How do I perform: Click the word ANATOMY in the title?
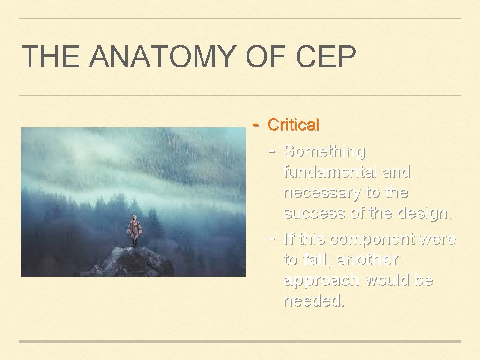[162, 56]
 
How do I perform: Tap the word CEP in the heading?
[326, 56]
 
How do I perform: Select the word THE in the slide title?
[51, 56]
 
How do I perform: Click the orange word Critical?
[293, 125]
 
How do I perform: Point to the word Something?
[324, 151]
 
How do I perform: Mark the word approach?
[322, 280]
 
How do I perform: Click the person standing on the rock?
[135, 230]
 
